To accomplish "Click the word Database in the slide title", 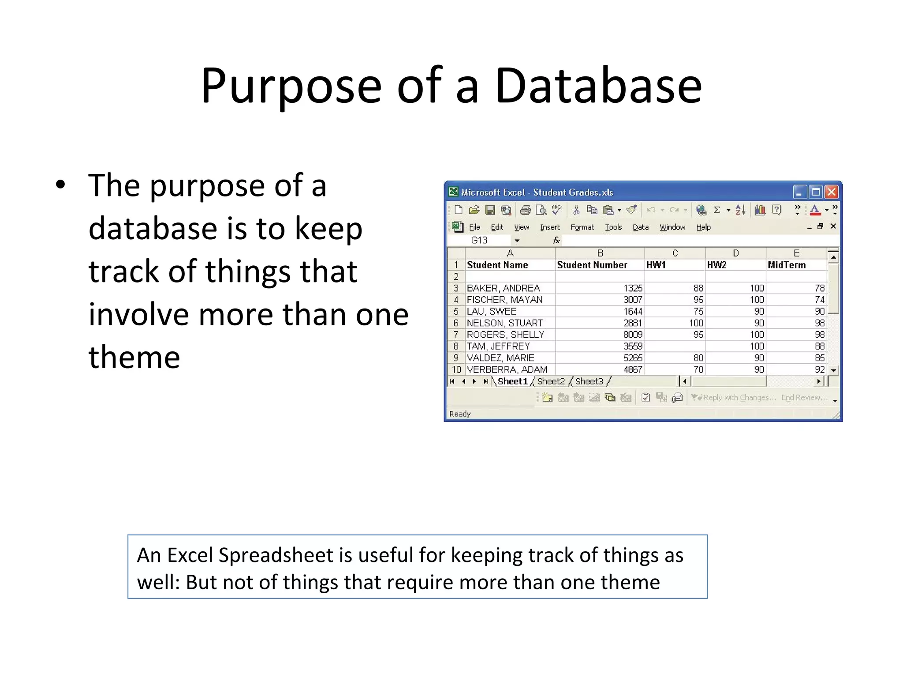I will (598, 86).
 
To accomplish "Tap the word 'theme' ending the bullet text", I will (134, 357).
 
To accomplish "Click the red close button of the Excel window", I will (831, 192).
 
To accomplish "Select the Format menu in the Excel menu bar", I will (582, 227).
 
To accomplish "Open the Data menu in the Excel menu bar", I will (640, 227).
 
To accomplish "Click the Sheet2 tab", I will (551, 381).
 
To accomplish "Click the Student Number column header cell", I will (592, 265).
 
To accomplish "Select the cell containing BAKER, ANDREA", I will (504, 288).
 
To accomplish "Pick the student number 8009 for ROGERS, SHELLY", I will (632, 335).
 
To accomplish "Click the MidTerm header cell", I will (787, 265).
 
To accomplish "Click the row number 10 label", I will (456, 369).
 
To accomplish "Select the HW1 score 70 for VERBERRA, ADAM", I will (698, 369).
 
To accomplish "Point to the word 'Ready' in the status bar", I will (460, 414).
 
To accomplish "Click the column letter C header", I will (675, 253).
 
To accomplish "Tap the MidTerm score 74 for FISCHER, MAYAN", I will (819, 300).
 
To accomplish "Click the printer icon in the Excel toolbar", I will (525, 210).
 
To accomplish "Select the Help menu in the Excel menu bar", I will (703, 227).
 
